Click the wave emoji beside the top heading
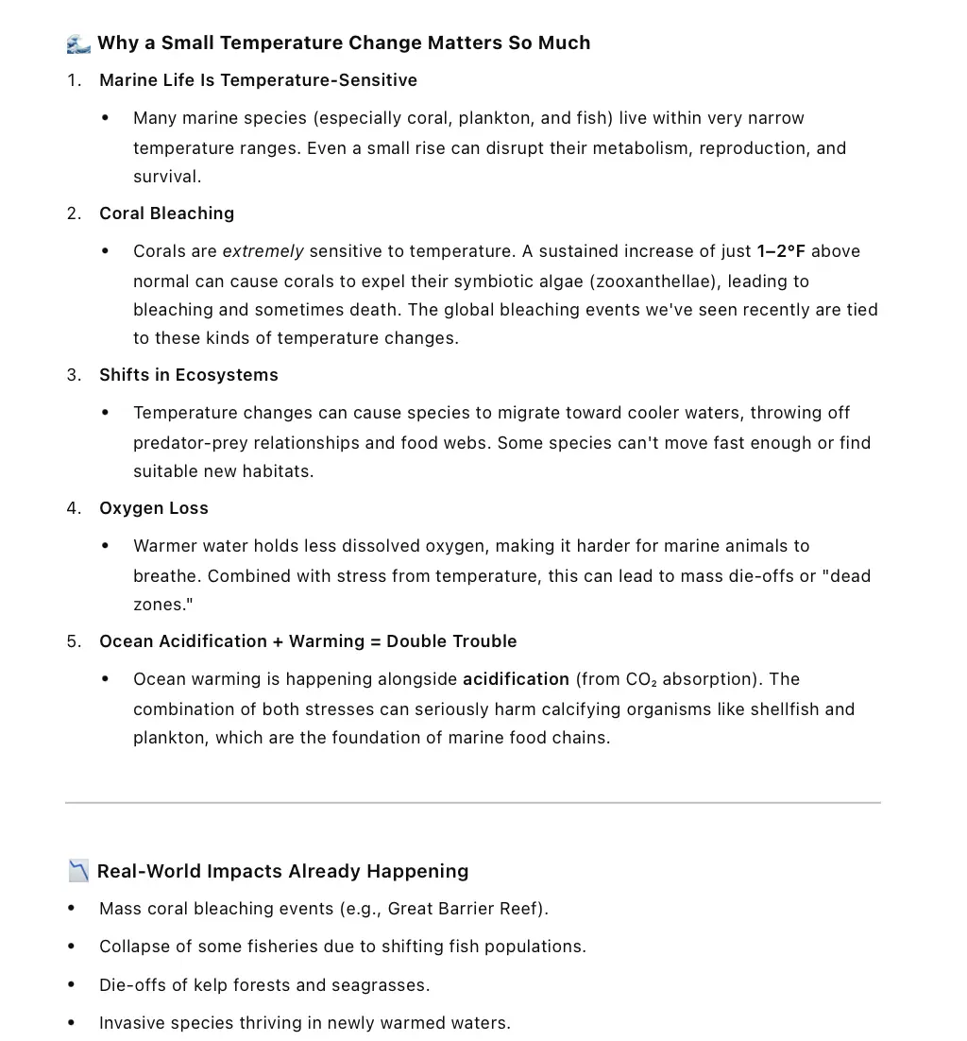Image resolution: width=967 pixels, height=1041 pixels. click(x=79, y=43)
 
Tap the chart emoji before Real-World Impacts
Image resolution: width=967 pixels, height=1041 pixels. click(x=79, y=871)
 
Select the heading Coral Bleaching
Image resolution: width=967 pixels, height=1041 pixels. click(x=166, y=213)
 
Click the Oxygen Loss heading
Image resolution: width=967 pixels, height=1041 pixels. click(x=154, y=508)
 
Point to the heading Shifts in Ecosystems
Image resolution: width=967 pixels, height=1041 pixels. click(x=189, y=375)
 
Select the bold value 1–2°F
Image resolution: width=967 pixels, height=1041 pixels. click(x=781, y=251)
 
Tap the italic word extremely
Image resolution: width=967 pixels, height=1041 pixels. click(x=263, y=251)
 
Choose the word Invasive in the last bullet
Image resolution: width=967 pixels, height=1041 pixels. click(x=132, y=1023)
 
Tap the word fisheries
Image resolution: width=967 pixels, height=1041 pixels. click(x=266, y=947)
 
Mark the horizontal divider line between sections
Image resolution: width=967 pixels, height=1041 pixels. click(x=472, y=803)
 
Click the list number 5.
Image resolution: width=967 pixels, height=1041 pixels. click(x=73, y=641)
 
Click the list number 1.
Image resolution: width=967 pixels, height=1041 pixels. click(x=73, y=80)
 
